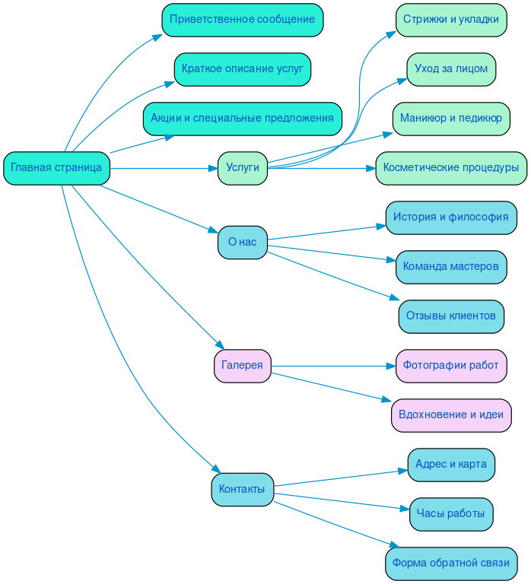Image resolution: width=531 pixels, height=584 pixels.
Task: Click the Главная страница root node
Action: (x=56, y=168)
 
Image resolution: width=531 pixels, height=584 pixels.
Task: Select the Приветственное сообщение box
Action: (x=242, y=20)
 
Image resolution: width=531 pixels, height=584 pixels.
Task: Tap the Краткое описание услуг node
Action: (x=242, y=69)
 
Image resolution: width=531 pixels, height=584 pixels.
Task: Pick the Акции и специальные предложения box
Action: (x=242, y=119)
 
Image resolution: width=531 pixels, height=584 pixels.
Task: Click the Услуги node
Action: (x=242, y=168)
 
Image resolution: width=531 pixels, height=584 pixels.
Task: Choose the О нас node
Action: (x=242, y=242)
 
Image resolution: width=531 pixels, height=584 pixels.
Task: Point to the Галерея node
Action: (x=242, y=366)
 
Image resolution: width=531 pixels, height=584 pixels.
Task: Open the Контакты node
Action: (x=242, y=489)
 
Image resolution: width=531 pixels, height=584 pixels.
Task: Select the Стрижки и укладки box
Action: (x=450, y=20)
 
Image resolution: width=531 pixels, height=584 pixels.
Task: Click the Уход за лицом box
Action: (x=450, y=69)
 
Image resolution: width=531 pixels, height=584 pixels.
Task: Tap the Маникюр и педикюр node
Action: (x=450, y=119)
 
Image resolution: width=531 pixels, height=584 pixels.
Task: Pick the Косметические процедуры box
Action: (x=450, y=168)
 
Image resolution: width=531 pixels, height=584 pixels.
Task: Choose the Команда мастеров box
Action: (x=450, y=267)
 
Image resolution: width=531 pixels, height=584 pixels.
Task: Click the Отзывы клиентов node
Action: (x=450, y=316)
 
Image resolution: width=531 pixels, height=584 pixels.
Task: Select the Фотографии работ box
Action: (x=450, y=366)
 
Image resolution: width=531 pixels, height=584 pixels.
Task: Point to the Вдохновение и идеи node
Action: (x=450, y=415)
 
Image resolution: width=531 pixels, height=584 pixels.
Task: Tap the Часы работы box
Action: (x=450, y=514)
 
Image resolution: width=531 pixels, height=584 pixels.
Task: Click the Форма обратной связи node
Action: (x=450, y=563)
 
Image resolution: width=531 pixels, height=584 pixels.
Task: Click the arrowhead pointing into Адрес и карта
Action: (x=403, y=471)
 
